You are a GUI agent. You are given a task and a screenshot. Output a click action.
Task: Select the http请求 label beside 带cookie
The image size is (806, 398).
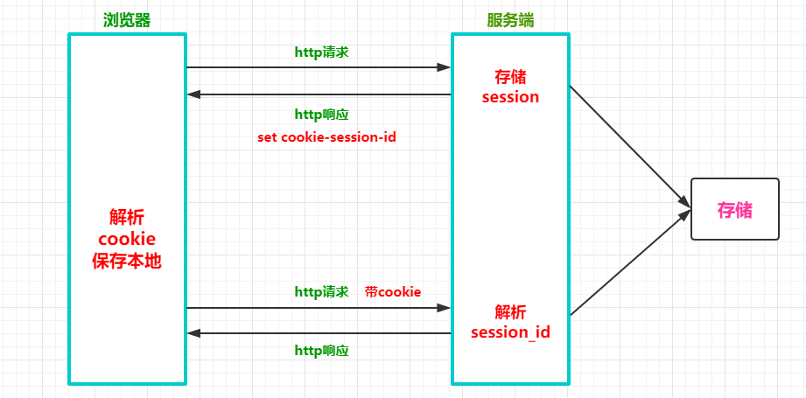[x=321, y=291]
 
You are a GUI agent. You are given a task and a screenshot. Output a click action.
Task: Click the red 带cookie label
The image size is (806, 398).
[x=393, y=291]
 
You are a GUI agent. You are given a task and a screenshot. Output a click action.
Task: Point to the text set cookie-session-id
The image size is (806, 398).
[x=326, y=137]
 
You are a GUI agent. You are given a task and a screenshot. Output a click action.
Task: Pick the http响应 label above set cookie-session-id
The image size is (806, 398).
[x=321, y=115]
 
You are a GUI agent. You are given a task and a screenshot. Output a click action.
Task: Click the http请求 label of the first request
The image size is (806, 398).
[x=321, y=52]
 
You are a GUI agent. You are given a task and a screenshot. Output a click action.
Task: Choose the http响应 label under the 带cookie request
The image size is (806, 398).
[x=321, y=350]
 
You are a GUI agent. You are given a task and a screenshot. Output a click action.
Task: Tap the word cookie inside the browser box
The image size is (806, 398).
[x=127, y=239]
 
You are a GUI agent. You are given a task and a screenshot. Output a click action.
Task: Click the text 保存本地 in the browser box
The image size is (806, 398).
[x=127, y=261]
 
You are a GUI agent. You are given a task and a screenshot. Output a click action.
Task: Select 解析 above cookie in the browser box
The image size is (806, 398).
[x=127, y=217]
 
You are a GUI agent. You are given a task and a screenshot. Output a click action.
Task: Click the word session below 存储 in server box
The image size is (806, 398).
[x=510, y=97]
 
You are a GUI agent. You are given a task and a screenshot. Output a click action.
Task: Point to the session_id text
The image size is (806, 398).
[x=510, y=332]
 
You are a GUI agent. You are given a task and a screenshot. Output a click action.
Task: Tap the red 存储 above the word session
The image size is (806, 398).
[x=510, y=76]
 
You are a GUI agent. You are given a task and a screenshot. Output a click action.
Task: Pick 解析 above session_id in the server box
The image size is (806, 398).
[x=510, y=311]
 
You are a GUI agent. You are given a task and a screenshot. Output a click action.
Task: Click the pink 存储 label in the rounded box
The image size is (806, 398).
[x=734, y=210]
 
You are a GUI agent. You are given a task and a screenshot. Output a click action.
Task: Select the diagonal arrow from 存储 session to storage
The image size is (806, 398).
[x=626, y=144]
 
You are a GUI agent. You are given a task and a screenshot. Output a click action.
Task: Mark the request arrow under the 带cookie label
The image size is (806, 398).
[x=319, y=308]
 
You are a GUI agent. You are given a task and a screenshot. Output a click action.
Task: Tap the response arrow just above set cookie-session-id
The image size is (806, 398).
[x=319, y=94]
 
